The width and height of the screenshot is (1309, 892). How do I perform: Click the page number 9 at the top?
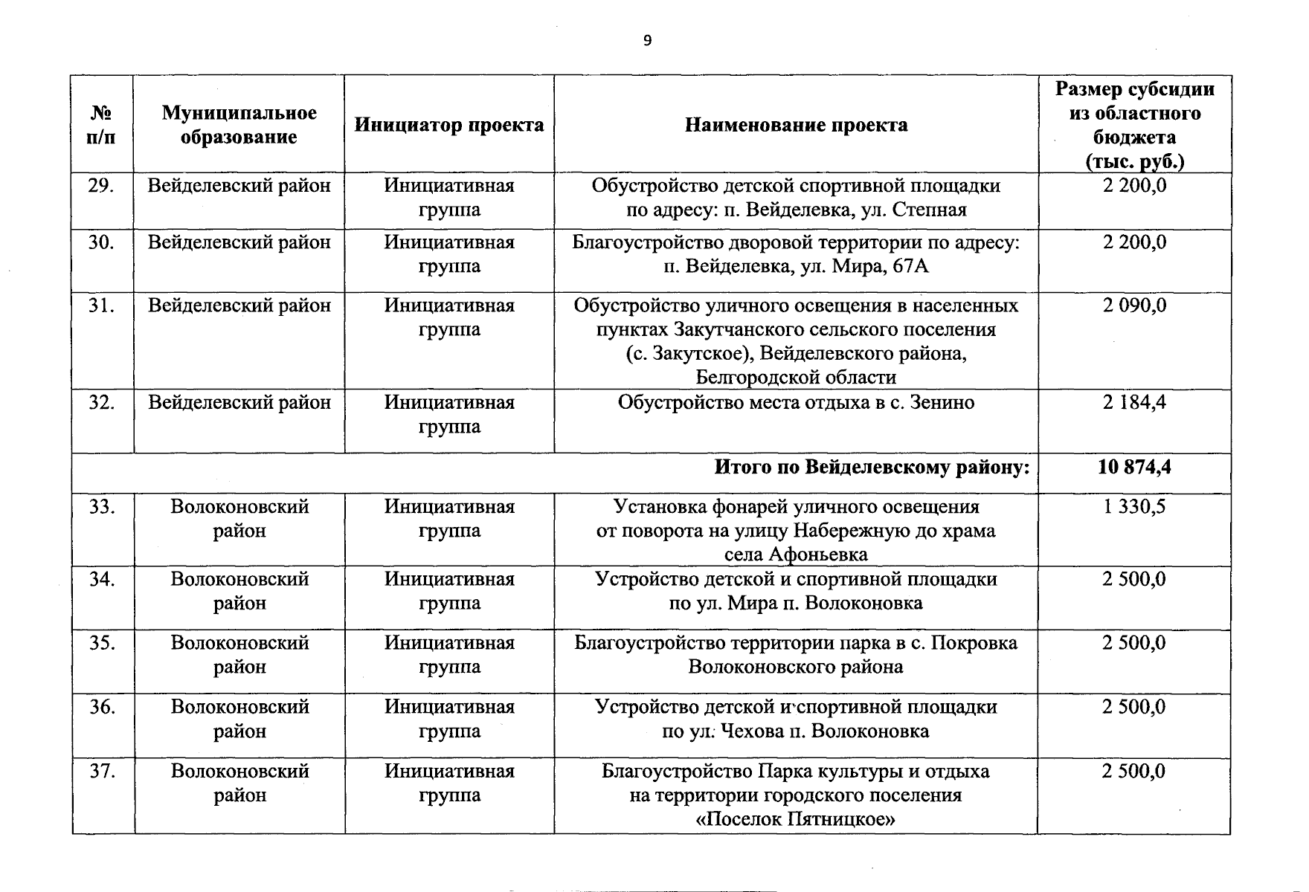coord(647,41)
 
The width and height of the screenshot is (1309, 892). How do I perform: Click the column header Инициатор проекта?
coord(449,125)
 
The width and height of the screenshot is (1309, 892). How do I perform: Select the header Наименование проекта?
coord(796,125)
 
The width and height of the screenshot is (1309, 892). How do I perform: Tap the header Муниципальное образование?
coord(239,125)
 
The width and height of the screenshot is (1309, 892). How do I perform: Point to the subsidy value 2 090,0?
coord(1134,306)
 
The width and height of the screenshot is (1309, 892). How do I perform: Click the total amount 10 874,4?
coord(1134,468)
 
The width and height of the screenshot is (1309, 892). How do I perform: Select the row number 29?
coord(101,186)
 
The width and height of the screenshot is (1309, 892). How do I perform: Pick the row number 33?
coord(101,507)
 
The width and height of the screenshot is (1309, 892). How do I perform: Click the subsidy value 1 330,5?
coord(1134,507)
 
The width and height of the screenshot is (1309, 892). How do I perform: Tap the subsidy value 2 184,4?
coord(1134,403)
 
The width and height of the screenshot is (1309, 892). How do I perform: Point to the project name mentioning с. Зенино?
coord(796,403)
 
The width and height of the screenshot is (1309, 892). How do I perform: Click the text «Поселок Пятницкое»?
coord(796,820)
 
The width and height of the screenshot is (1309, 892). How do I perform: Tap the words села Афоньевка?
coord(796,555)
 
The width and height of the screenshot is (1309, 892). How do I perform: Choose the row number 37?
coord(101,772)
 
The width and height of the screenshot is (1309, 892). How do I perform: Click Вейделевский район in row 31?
coord(239,306)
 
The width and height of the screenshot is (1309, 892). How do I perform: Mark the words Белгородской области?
coord(796,378)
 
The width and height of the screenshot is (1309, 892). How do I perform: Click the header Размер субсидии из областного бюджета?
coord(1134,125)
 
